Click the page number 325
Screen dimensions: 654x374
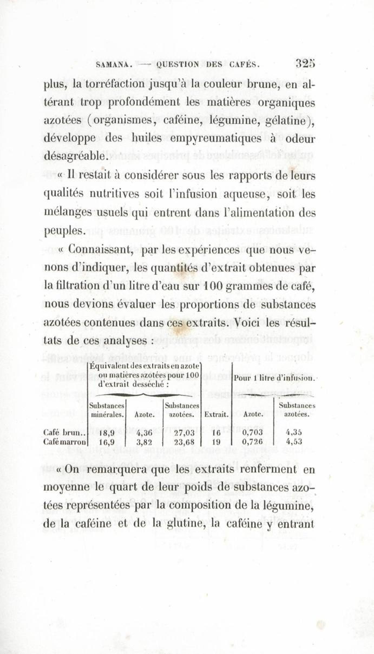[x=306, y=64]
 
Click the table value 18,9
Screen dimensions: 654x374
[x=107, y=433]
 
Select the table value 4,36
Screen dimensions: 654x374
[x=144, y=433]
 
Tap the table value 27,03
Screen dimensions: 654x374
[x=184, y=433]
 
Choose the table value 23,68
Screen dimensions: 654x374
[x=184, y=442]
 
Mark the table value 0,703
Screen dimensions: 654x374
[x=252, y=433]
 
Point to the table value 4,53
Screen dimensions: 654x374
[x=294, y=442]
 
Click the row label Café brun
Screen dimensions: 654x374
[x=63, y=433]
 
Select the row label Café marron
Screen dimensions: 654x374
[x=65, y=442]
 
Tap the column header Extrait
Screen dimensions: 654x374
[x=216, y=414]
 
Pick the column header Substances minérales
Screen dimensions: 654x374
[x=107, y=410]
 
